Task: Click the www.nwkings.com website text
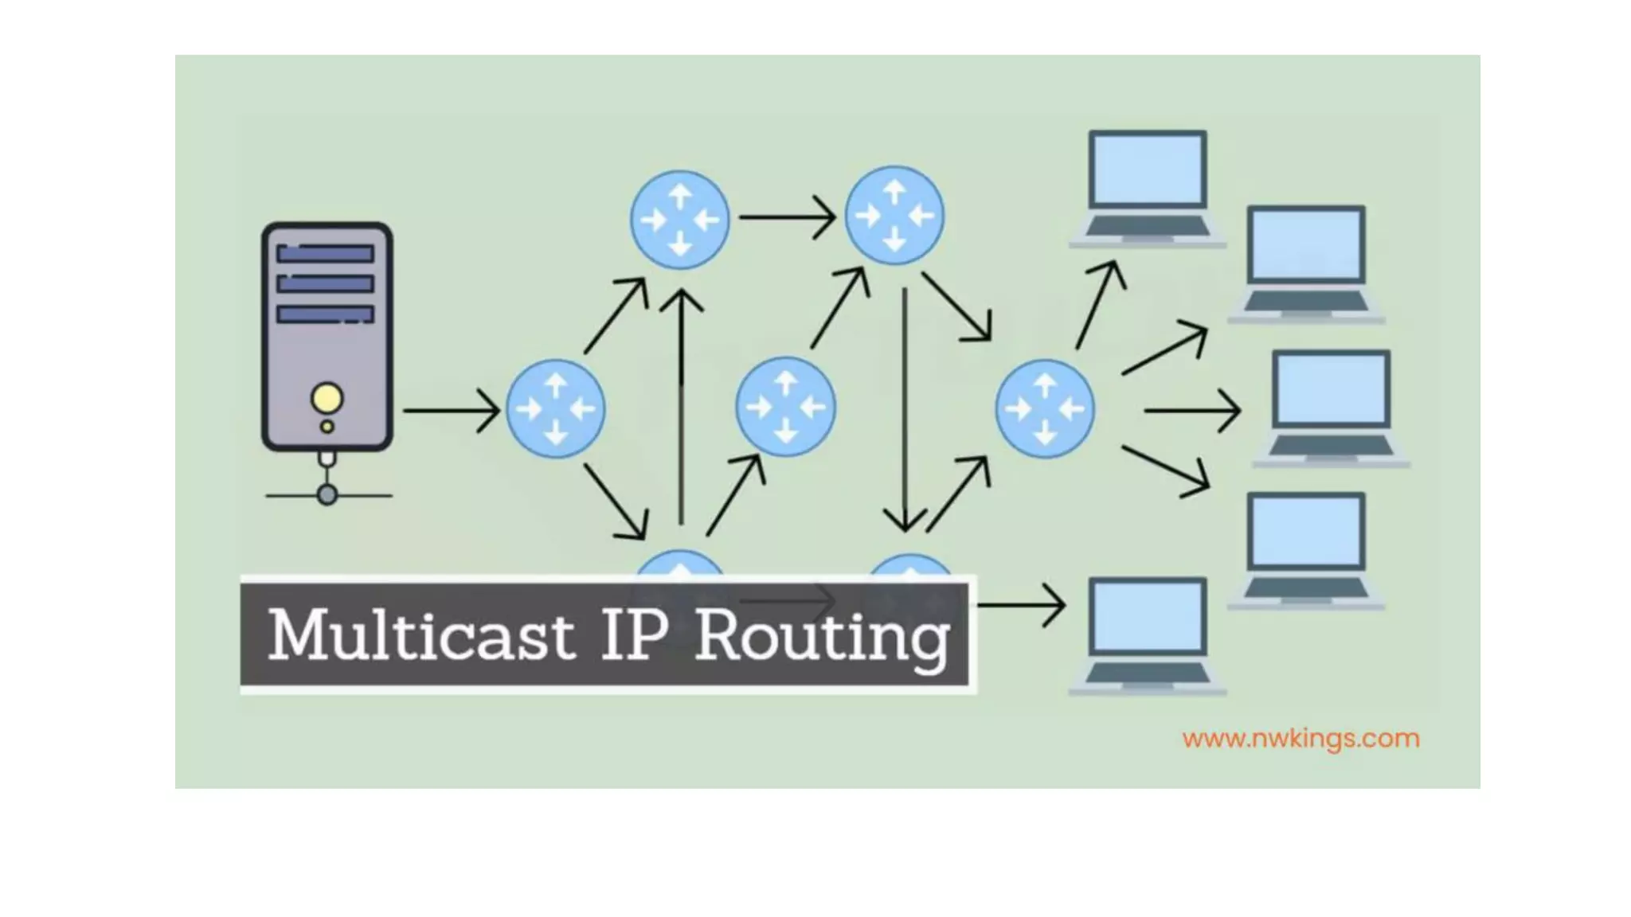click(1300, 739)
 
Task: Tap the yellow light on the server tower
click(327, 398)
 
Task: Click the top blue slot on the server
click(325, 254)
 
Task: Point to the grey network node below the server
click(327, 495)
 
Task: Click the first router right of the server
click(555, 409)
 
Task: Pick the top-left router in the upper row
click(679, 219)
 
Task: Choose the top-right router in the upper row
click(894, 216)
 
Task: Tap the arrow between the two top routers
click(786, 217)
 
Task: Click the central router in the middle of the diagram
click(785, 407)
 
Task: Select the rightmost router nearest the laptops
click(1045, 409)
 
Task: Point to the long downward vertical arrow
click(905, 406)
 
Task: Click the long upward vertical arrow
click(681, 406)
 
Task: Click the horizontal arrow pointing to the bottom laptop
click(1021, 605)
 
